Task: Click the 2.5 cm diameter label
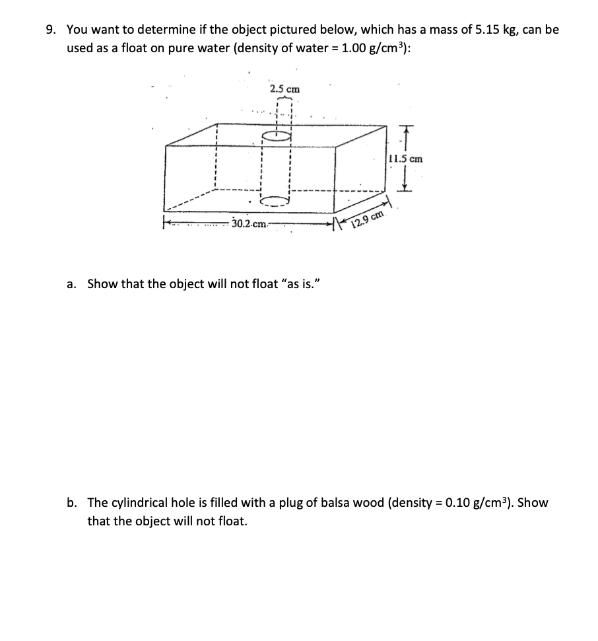coord(284,89)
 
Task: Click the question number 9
coord(50,30)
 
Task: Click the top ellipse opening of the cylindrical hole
coord(276,137)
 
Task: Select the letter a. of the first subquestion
coord(72,284)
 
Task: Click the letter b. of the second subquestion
coord(72,503)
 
